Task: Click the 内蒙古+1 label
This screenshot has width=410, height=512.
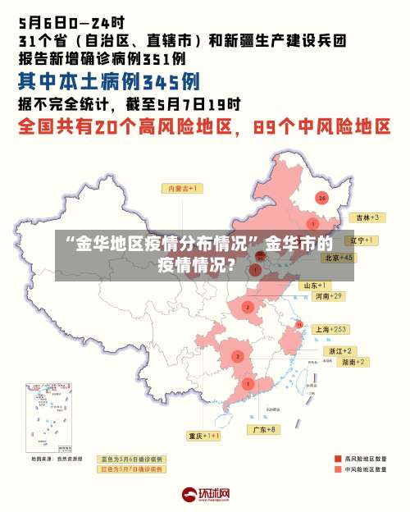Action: tap(184, 189)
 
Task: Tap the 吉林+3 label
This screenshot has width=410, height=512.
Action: tap(365, 217)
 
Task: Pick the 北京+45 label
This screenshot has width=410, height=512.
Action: tap(339, 257)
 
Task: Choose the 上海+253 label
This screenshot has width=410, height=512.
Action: tap(332, 328)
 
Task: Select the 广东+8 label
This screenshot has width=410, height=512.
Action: tap(263, 429)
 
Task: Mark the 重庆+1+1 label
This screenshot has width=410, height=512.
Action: tap(204, 436)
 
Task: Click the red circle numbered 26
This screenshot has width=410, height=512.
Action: tap(322, 198)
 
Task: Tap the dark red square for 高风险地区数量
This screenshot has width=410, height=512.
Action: tap(338, 458)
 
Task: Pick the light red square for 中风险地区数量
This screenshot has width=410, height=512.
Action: tap(338, 469)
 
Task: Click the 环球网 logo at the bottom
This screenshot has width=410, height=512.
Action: tap(205, 495)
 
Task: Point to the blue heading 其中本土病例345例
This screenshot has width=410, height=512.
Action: tap(108, 82)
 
